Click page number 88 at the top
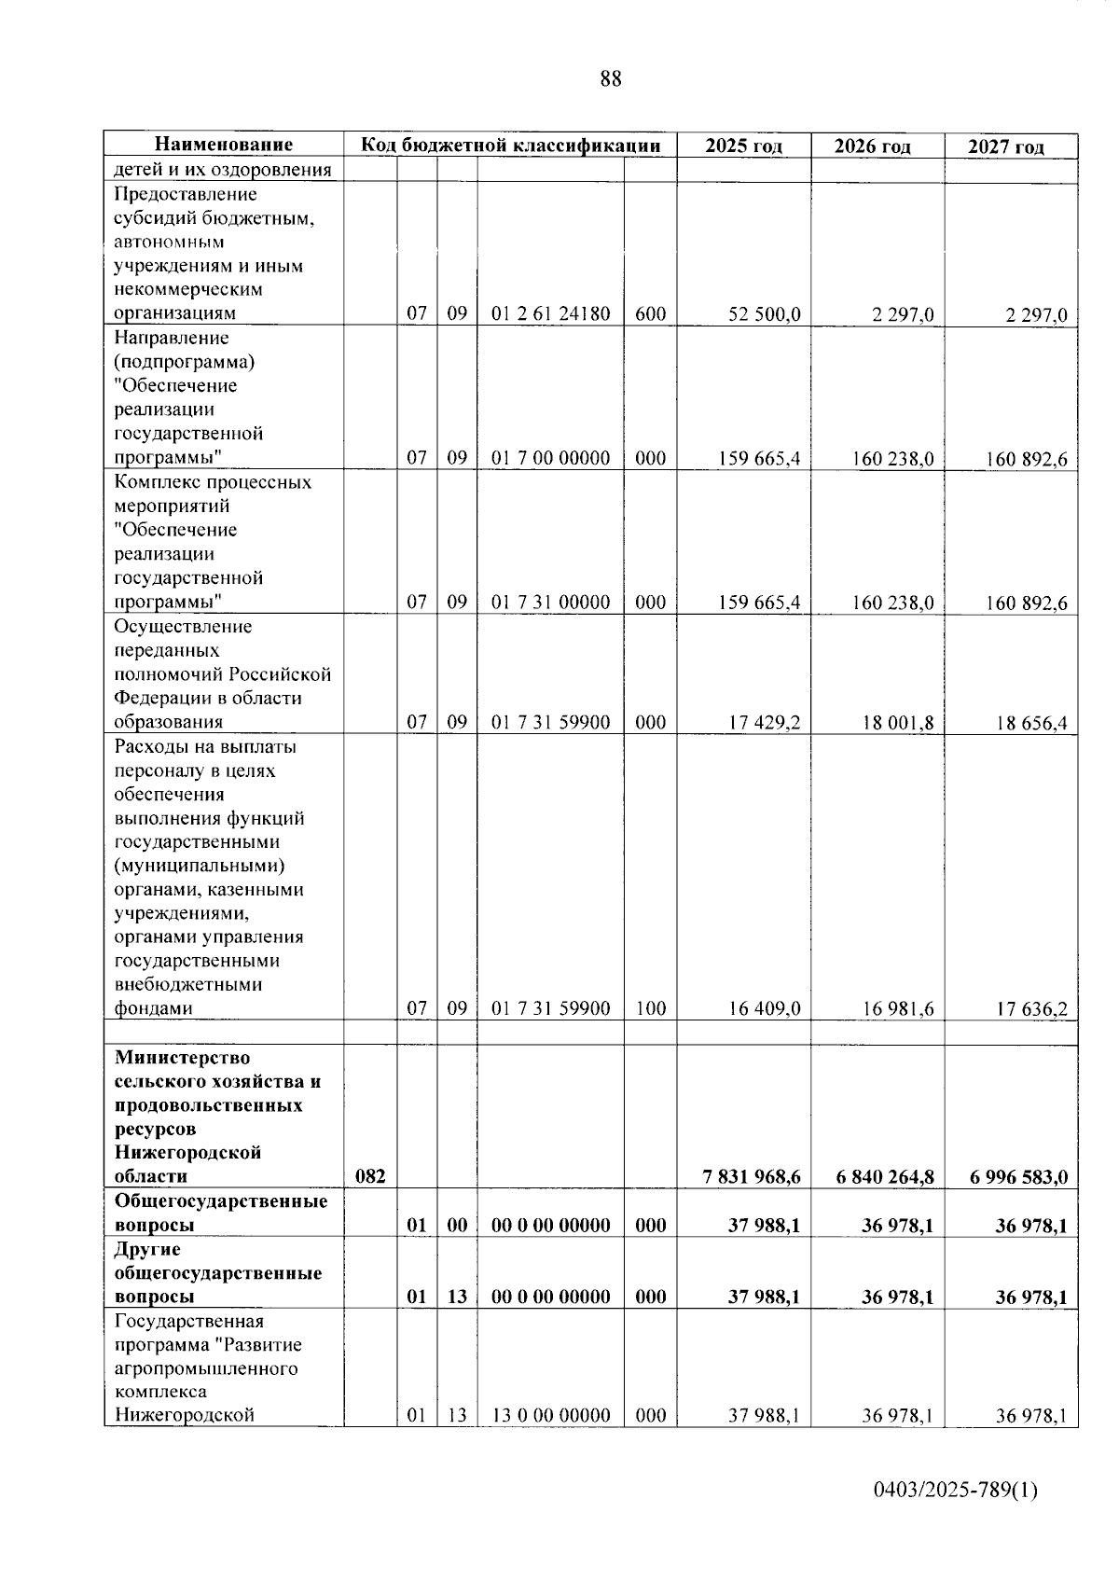tap(611, 79)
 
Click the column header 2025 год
tap(743, 146)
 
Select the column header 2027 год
tap(1006, 146)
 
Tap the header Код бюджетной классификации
tap(511, 145)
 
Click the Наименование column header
tap(224, 145)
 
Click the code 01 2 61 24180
tap(550, 314)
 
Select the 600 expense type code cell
tap(650, 314)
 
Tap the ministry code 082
tap(370, 1177)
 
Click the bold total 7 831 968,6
tap(752, 1177)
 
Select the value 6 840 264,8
tap(885, 1177)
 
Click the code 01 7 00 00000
tap(550, 458)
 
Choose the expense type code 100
tap(650, 1008)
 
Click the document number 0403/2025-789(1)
tap(955, 1491)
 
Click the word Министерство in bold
tap(182, 1058)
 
